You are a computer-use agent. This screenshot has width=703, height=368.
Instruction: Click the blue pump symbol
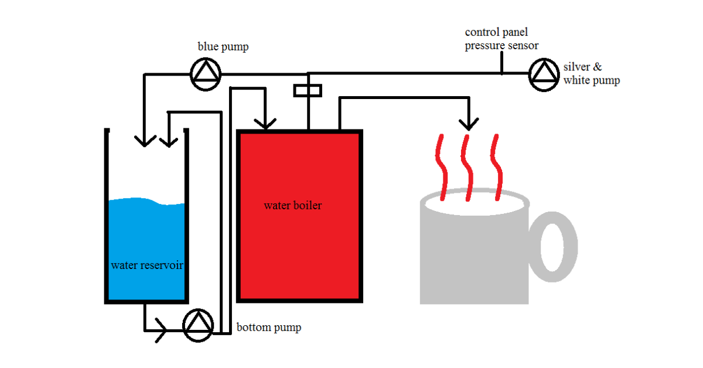[206, 74]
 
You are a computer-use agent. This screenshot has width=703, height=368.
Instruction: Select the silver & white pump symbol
[544, 74]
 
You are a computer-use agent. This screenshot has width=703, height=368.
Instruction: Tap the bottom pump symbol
[198, 325]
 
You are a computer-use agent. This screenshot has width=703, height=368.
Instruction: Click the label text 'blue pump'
[223, 47]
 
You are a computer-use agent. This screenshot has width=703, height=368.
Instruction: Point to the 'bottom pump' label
[269, 327]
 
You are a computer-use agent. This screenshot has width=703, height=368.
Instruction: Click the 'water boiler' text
[292, 206]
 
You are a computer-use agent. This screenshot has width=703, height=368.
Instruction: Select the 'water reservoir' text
[147, 265]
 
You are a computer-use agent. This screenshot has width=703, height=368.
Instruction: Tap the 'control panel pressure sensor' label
[501, 38]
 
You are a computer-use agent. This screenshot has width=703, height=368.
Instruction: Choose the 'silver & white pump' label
[591, 74]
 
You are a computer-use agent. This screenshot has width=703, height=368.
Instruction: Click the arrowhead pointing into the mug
[467, 124]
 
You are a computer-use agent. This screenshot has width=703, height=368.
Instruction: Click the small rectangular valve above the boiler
[308, 90]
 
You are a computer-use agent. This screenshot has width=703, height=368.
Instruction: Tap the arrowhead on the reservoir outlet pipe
[161, 332]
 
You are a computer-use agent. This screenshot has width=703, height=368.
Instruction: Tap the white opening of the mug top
[475, 205]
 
